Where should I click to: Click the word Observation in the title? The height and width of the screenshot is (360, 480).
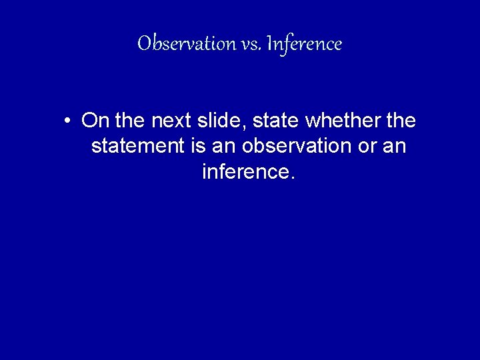[179, 44]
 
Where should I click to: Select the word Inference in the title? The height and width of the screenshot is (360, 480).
[303, 44]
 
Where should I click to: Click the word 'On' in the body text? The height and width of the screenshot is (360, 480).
[95, 121]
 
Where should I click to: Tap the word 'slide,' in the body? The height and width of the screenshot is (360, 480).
[227, 121]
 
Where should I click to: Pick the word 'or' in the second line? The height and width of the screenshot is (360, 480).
[367, 147]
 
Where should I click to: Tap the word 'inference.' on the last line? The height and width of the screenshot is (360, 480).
[247, 172]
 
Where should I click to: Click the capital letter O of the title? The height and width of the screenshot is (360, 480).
[144, 44]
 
